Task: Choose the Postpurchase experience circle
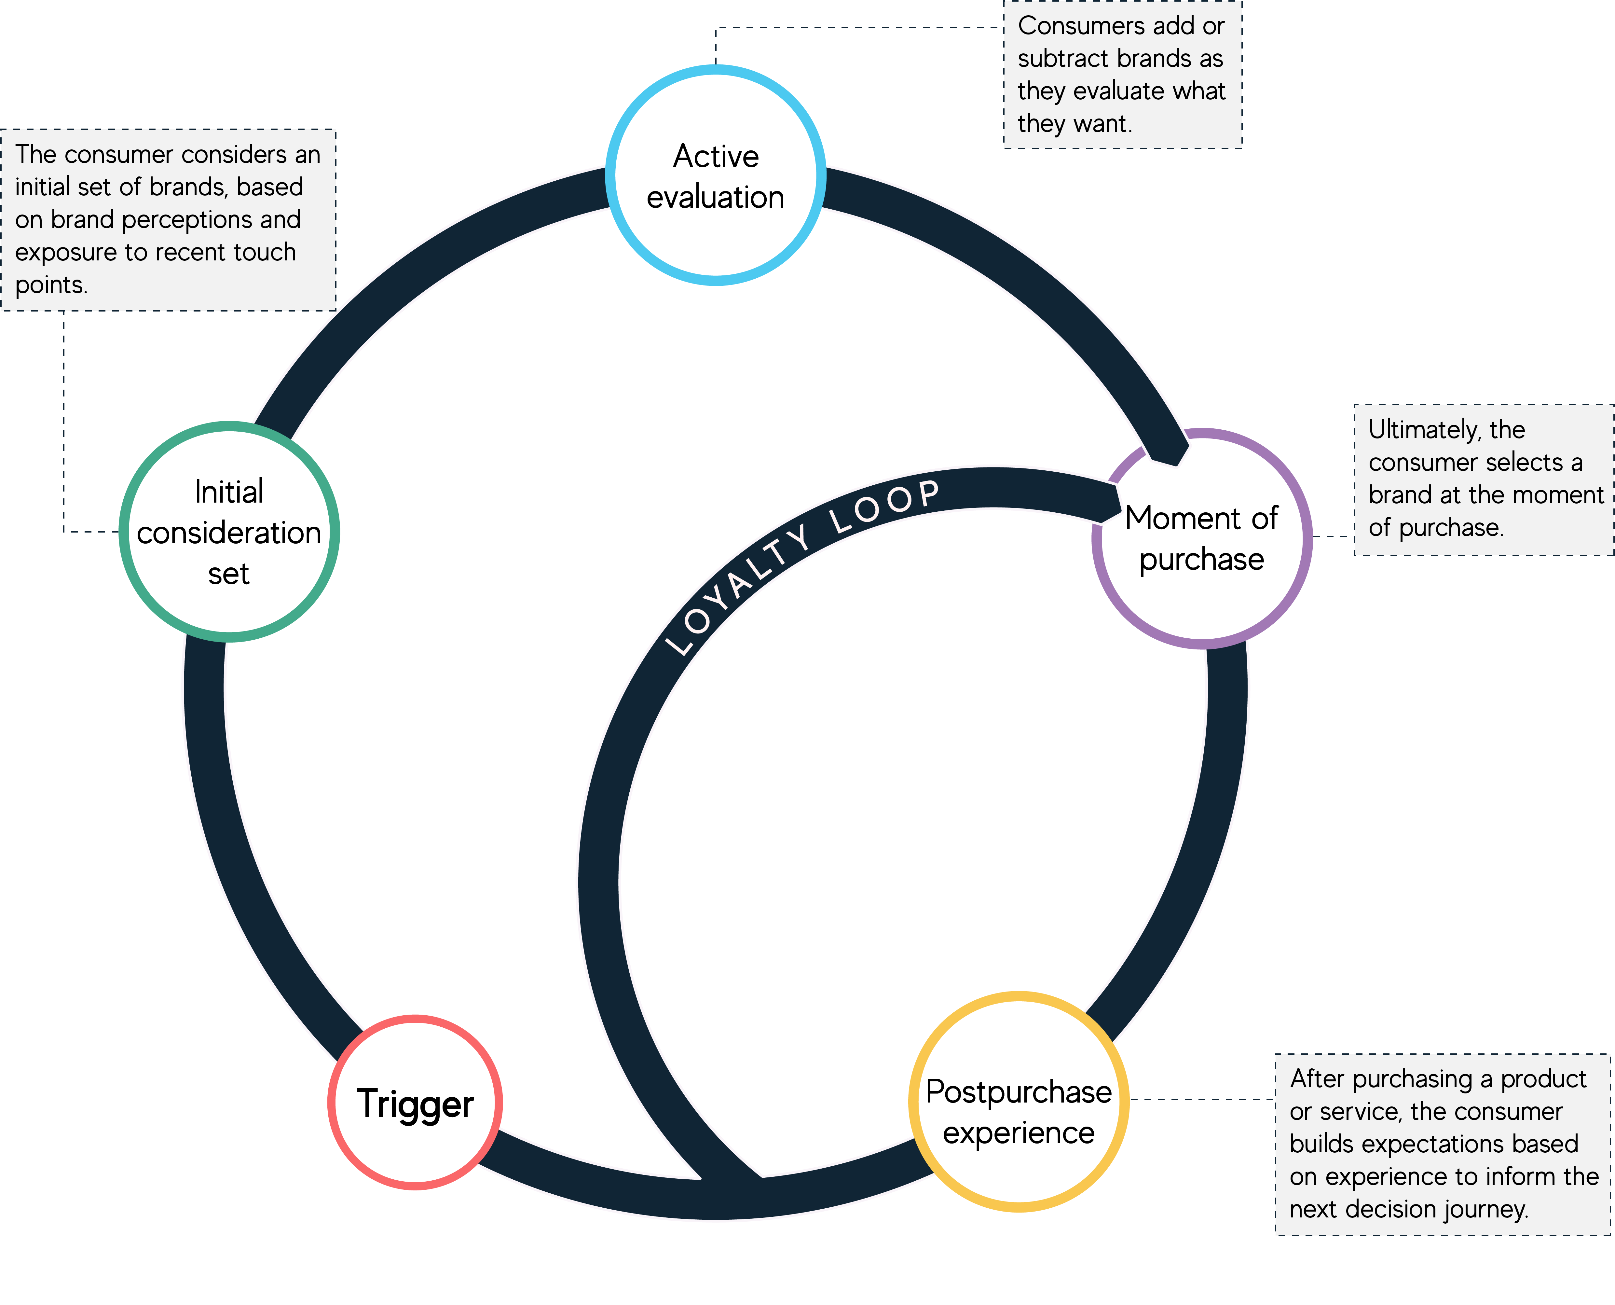(1018, 1102)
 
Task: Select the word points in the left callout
(49, 285)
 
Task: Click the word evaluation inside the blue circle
(716, 197)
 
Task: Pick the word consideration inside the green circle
(229, 533)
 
